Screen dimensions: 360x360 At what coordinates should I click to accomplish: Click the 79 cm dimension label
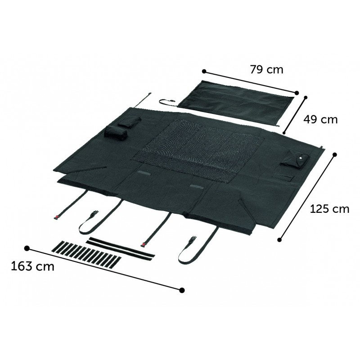pyautogui.click(x=266, y=69)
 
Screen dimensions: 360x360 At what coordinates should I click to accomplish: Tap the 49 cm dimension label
pyautogui.click(x=320, y=119)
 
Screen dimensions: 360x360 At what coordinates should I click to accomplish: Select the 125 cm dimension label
pyautogui.click(x=329, y=209)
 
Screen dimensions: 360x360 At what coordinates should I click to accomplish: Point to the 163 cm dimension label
pyautogui.click(x=32, y=266)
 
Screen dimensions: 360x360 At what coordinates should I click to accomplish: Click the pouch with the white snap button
pyautogui.click(x=295, y=161)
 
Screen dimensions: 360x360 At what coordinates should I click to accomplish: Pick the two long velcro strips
pyautogui.click(x=121, y=249)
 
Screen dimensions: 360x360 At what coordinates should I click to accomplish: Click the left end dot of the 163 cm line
pyautogui.click(x=27, y=248)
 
